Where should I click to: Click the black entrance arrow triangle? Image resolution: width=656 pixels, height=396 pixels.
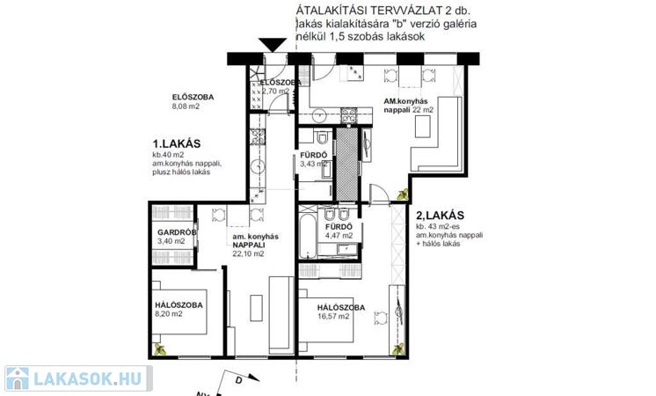click(x=273, y=44)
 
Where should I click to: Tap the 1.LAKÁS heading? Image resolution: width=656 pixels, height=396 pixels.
click(x=177, y=144)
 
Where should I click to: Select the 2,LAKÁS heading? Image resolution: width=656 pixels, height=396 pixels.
click(x=441, y=216)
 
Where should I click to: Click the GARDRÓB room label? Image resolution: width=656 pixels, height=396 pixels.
click(x=177, y=232)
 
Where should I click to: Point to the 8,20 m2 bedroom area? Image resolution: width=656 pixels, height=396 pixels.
click(x=169, y=314)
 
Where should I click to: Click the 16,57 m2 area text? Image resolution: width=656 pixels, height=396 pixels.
click(x=333, y=317)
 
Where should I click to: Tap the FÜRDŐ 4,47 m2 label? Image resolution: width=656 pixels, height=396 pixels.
click(x=339, y=231)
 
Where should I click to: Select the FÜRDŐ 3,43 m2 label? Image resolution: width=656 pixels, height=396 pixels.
click(x=313, y=159)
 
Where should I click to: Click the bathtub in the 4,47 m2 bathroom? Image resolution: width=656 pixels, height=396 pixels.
click(x=309, y=235)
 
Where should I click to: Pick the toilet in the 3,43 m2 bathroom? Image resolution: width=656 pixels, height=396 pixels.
click(x=322, y=137)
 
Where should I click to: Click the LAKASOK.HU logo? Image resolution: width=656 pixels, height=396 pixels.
click(x=78, y=378)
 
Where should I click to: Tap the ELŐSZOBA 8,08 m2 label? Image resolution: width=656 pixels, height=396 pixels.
click(x=193, y=102)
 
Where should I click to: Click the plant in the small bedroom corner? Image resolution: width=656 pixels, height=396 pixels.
click(x=159, y=349)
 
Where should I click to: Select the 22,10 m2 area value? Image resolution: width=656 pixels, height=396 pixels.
click(x=249, y=254)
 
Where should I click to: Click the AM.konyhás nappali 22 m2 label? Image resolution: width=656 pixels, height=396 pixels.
click(x=409, y=106)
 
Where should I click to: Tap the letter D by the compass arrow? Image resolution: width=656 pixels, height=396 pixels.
click(x=239, y=380)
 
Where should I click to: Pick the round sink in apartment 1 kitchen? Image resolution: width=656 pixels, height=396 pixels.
click(x=259, y=166)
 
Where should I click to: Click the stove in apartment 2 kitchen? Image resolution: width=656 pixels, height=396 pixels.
click(x=349, y=115)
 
